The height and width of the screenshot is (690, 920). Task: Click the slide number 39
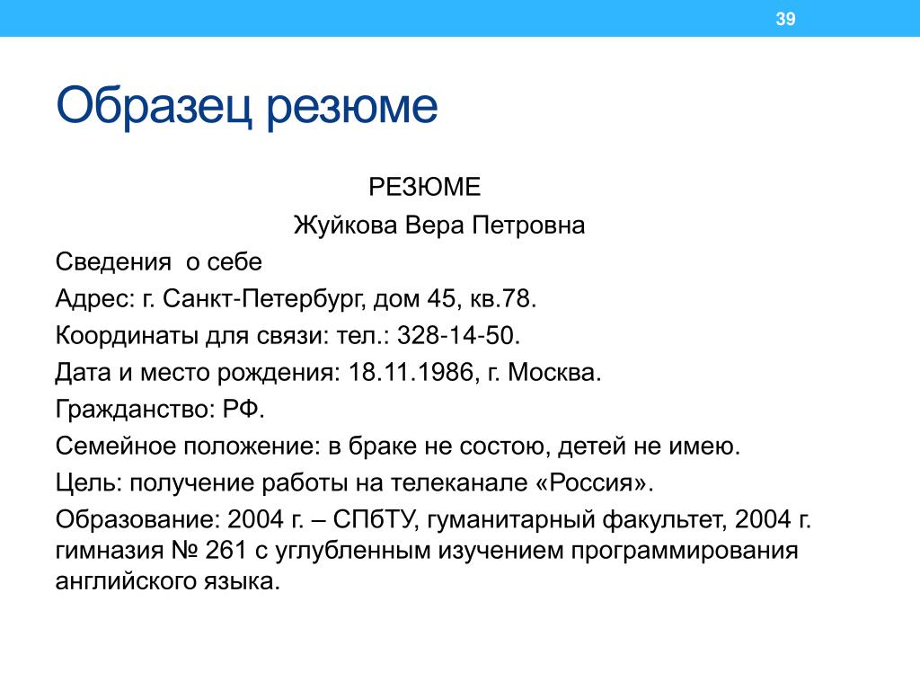click(785, 19)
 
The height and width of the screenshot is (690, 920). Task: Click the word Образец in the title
click(155, 106)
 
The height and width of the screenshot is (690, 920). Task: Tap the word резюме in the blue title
click(352, 109)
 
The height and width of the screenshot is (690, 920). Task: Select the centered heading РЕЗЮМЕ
click(424, 187)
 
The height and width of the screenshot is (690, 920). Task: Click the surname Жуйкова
click(346, 226)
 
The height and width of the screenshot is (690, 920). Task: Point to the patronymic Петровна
click(528, 226)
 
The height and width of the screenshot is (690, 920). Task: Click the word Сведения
click(113, 262)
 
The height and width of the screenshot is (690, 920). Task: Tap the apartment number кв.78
click(503, 298)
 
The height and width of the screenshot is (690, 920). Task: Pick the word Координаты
click(128, 336)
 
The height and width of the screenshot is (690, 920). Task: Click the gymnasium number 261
click(226, 551)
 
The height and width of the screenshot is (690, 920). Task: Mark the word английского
click(126, 582)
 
